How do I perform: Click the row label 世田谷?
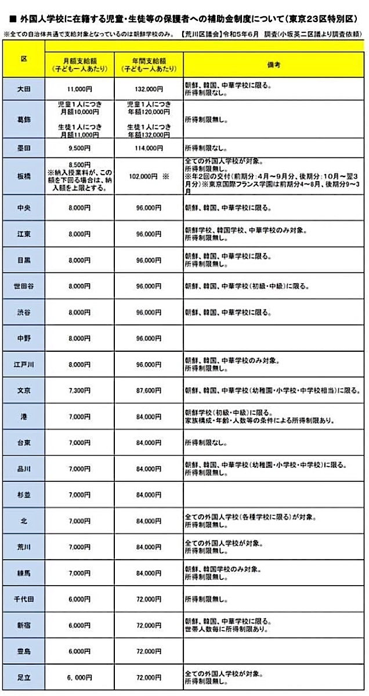click(x=24, y=286)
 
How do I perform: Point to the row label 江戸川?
click(x=24, y=365)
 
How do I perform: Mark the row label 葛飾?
click(x=24, y=119)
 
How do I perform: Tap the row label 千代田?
click(x=24, y=598)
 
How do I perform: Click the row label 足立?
click(x=24, y=677)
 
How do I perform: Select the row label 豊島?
click(x=24, y=651)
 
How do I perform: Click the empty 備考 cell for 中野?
click(x=274, y=338)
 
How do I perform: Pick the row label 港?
click(x=24, y=416)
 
